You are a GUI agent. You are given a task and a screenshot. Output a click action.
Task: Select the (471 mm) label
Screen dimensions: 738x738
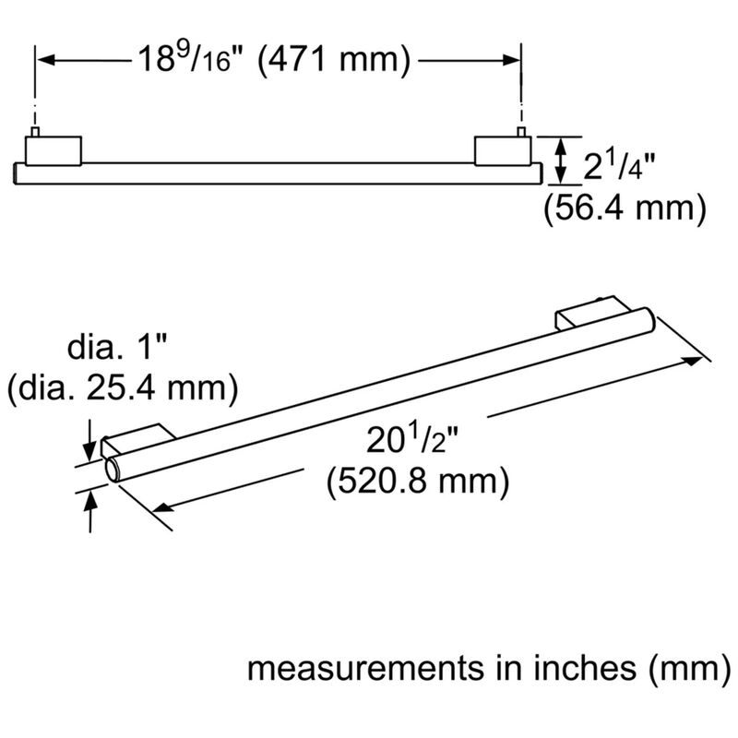pyautogui.click(x=334, y=60)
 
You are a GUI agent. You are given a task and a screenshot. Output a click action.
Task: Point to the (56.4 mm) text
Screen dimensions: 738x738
pyautogui.click(x=625, y=208)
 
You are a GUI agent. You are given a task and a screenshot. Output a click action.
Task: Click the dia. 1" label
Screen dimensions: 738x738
pyautogui.click(x=117, y=347)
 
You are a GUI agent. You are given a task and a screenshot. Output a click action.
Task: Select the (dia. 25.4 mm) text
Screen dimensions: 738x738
pyautogui.click(x=123, y=388)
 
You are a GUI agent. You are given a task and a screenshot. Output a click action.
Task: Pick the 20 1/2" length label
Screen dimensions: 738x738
pyautogui.click(x=412, y=440)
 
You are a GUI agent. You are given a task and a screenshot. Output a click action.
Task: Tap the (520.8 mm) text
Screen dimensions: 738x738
pyautogui.click(x=418, y=481)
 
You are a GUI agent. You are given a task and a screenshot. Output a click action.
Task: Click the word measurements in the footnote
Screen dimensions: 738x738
pyautogui.click(x=365, y=669)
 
